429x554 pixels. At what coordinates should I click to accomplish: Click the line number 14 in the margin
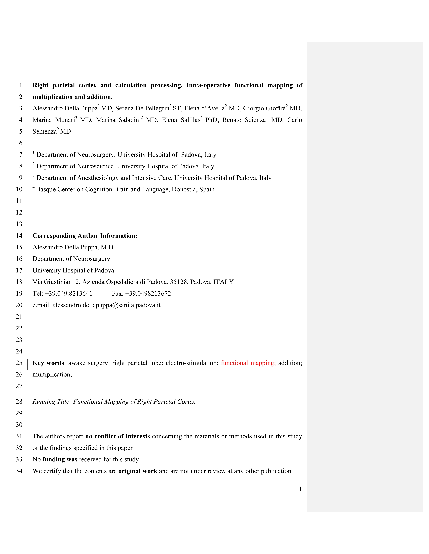[19, 236]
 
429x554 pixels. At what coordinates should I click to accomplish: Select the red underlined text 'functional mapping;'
[249, 363]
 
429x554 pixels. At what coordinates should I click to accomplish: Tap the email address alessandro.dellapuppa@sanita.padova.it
[106, 305]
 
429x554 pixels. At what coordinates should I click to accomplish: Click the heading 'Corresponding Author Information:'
[85, 236]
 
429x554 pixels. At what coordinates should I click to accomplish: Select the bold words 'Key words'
[48, 363]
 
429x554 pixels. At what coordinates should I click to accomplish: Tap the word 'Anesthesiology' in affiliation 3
[98, 178]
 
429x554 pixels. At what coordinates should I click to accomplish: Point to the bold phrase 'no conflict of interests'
[117, 436]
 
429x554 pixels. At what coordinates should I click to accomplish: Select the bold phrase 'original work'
[138, 471]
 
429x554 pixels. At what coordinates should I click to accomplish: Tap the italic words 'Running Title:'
[52, 402]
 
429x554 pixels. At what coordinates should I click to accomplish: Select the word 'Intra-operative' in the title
[208, 85]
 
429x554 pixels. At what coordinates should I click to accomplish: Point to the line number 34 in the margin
[19, 471]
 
